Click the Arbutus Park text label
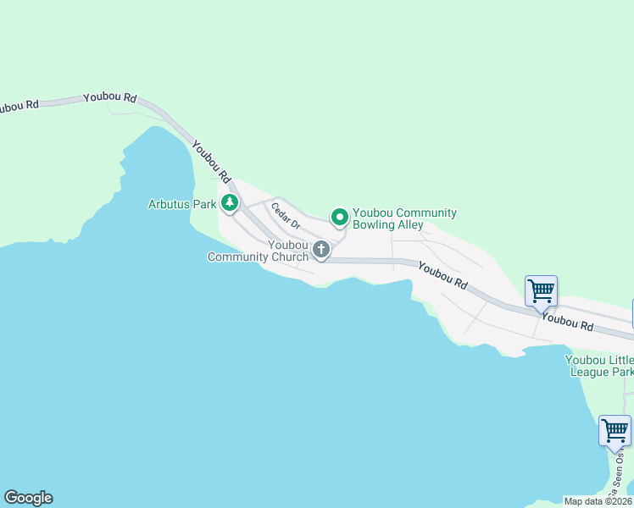(182, 204)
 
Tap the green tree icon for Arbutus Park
(229, 203)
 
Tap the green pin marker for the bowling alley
(339, 218)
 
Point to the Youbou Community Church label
(259, 251)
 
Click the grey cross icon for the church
(321, 249)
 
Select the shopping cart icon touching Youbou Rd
(541, 291)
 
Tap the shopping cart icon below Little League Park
(615, 430)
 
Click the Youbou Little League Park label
(599, 365)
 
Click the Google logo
(28, 498)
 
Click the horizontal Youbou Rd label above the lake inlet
(110, 98)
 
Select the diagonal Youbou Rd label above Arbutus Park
(211, 161)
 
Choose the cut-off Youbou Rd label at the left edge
(19, 106)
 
